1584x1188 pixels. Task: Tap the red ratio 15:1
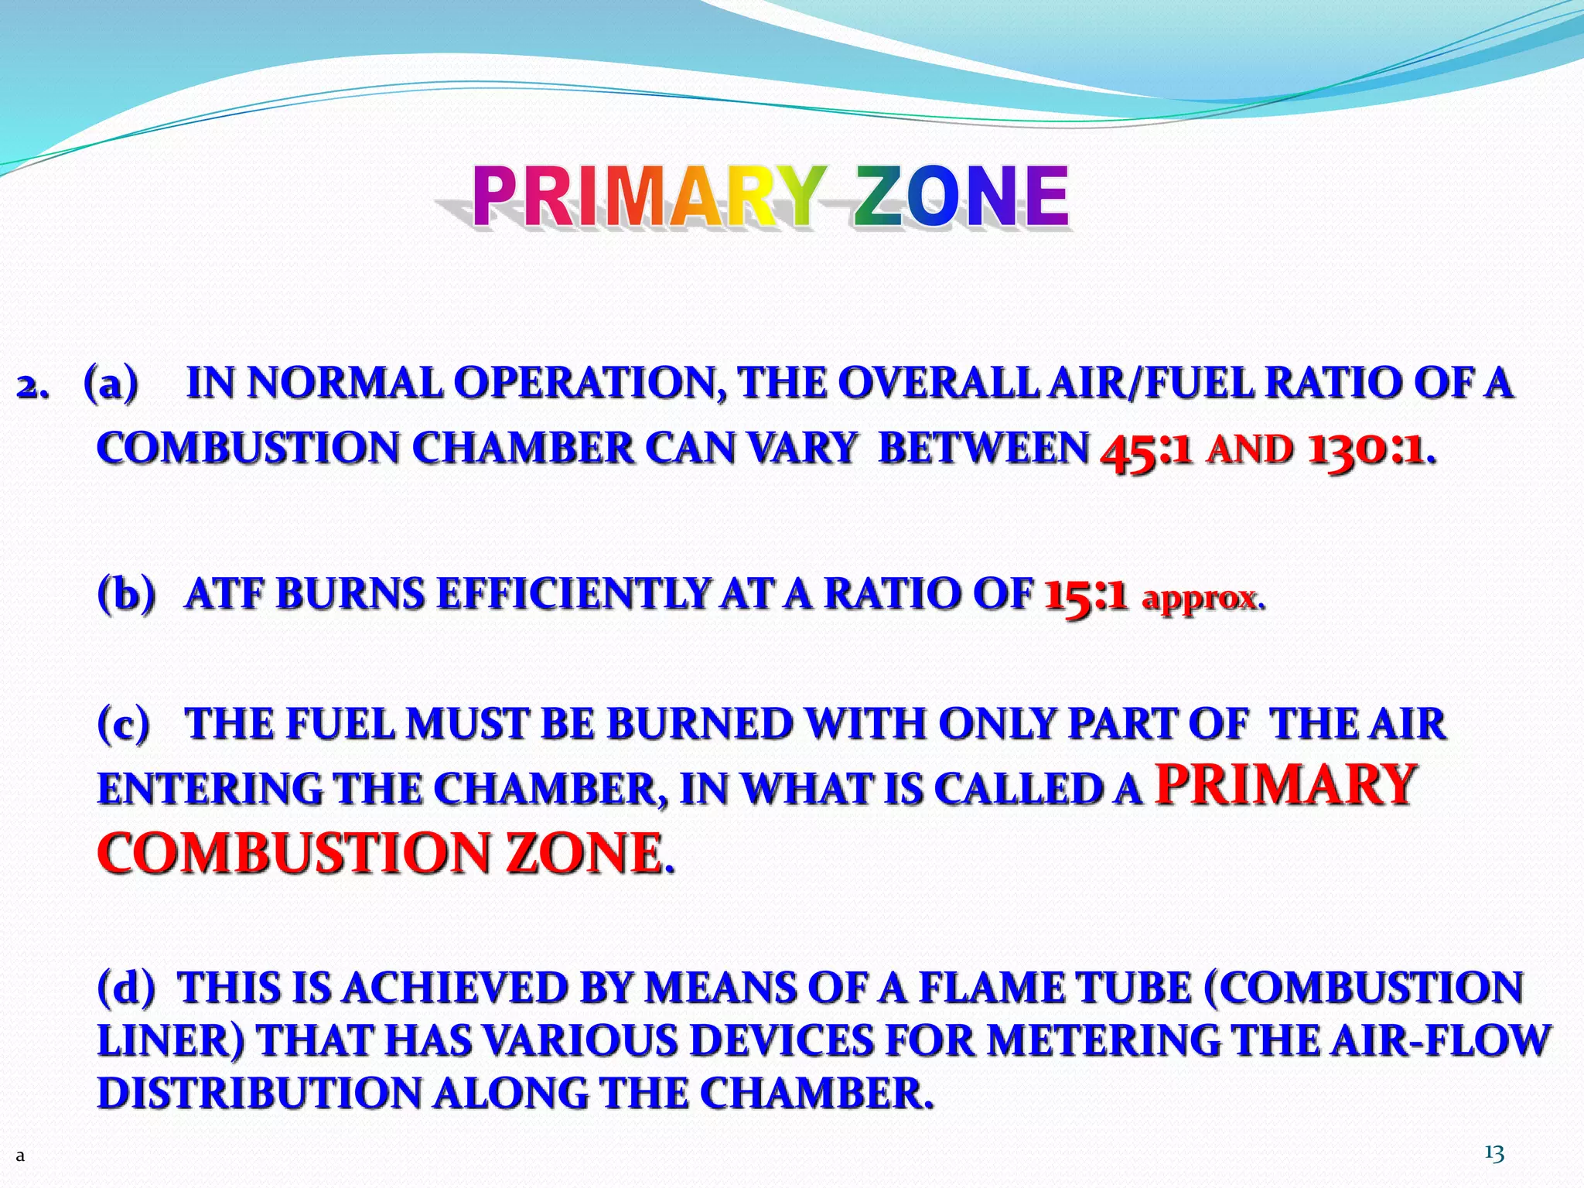(x=1085, y=596)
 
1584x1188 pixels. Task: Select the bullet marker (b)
(x=126, y=594)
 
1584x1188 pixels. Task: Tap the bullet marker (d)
(x=126, y=988)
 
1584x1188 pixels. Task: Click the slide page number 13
(x=1494, y=1154)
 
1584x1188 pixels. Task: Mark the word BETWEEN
(x=984, y=449)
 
